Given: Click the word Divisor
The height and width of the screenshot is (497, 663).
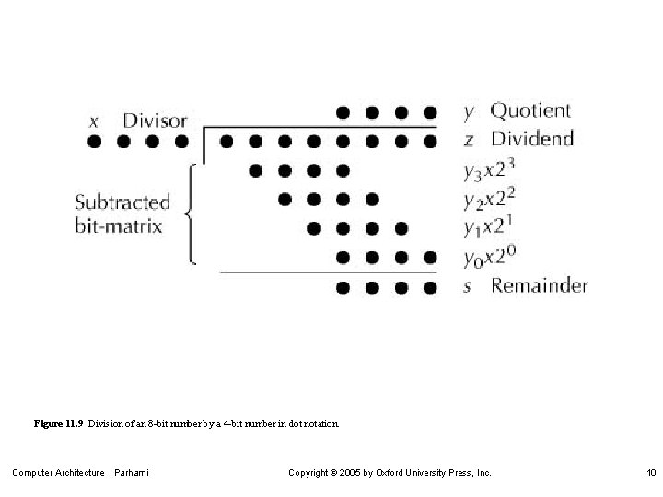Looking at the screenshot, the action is [x=155, y=121].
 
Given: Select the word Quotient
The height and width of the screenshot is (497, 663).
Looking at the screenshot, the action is [x=530, y=111].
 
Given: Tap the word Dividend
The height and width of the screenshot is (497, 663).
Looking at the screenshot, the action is [x=531, y=140].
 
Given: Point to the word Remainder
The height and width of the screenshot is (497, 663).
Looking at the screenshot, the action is [x=539, y=285].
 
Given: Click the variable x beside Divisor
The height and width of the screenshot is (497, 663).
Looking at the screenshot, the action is [x=94, y=121].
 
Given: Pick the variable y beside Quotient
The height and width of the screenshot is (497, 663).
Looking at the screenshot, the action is [x=469, y=113].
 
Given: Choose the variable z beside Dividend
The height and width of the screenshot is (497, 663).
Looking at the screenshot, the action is [x=469, y=141].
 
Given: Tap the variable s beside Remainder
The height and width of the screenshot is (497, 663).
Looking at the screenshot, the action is [x=468, y=286].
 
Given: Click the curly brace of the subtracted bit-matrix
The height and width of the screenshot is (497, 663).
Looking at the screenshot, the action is [x=190, y=214].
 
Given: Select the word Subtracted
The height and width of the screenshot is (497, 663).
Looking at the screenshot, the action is [x=122, y=202].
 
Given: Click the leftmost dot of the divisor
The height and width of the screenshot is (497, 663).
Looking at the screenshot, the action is [x=94, y=142].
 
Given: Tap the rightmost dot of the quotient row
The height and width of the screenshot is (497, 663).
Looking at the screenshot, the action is [x=429, y=112].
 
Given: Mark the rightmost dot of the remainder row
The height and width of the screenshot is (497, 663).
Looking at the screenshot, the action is [x=429, y=287].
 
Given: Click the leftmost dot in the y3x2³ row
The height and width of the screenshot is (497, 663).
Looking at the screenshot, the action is [x=255, y=170].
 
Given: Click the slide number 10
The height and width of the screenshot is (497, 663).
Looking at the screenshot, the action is [x=651, y=473].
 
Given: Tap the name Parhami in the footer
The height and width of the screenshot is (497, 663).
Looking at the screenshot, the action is [x=132, y=473].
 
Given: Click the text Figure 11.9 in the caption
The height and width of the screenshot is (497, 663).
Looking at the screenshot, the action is [x=58, y=424].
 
